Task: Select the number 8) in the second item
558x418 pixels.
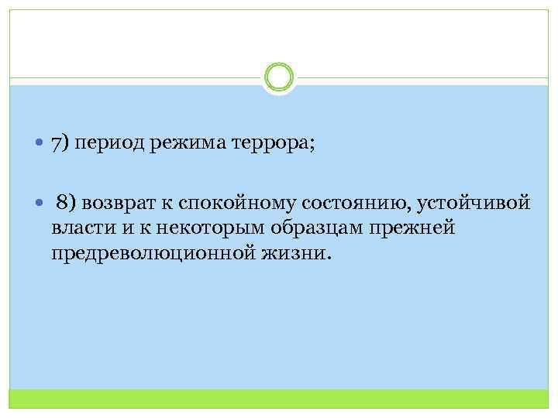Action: coord(67,204)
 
